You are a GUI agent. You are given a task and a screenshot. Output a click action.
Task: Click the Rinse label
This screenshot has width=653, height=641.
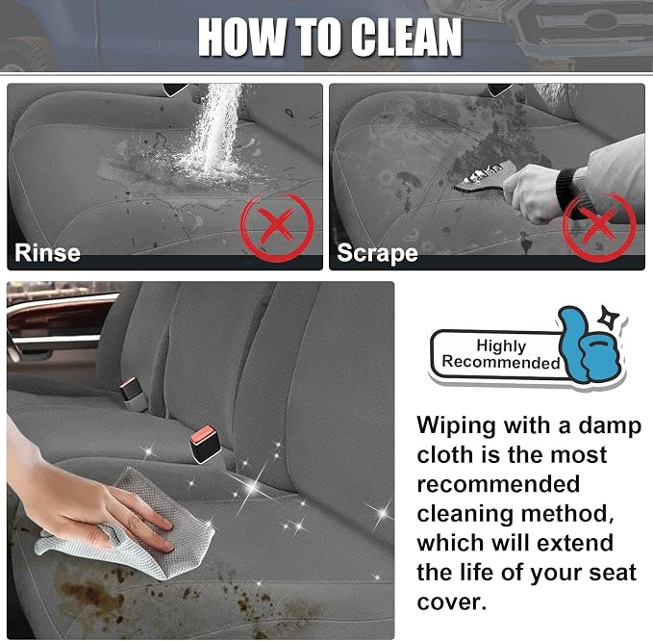[x=47, y=253]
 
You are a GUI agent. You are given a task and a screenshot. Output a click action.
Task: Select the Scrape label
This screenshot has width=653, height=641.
[x=377, y=253]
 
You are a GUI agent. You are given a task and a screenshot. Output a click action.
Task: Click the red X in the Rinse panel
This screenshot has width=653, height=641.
[x=277, y=227]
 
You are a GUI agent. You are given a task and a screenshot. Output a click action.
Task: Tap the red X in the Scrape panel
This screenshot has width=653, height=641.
[x=599, y=227]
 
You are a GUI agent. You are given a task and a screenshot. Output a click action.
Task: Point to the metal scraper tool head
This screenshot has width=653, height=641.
[x=483, y=178]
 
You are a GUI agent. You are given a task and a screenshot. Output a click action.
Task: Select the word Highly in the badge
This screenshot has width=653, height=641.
[x=501, y=346]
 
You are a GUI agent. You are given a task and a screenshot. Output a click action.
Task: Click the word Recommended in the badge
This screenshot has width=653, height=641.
[x=501, y=362]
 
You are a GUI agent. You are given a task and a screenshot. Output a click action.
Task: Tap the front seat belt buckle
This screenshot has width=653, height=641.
[x=205, y=445]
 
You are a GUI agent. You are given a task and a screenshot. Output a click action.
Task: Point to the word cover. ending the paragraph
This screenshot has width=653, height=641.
[x=452, y=603]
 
